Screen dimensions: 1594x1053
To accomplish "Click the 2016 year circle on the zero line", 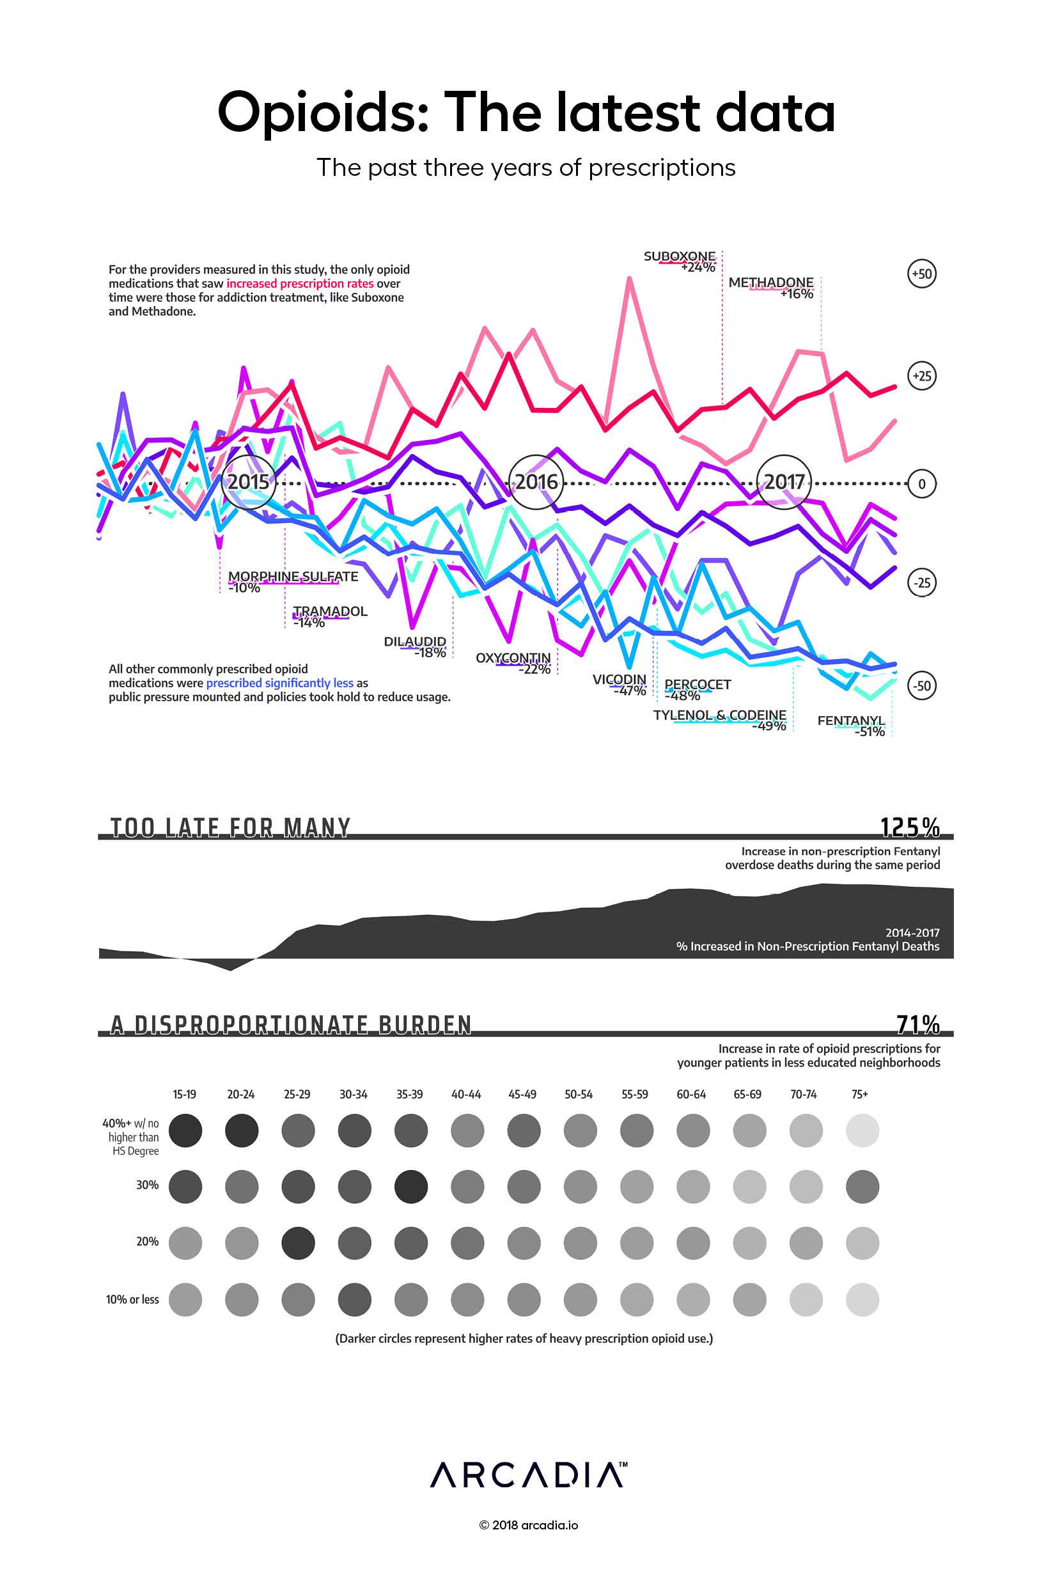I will click(x=535, y=482).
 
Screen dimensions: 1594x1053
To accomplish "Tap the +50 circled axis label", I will click(x=921, y=274).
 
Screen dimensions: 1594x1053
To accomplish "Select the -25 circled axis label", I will click(x=921, y=583).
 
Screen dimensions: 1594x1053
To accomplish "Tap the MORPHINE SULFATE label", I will click(x=293, y=577).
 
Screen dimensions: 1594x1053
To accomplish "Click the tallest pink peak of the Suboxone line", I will click(x=629, y=278).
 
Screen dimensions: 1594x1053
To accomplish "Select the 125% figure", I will click(x=910, y=828).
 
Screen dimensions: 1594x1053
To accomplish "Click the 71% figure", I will click(x=918, y=1024).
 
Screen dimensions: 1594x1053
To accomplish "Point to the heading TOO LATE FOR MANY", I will click(x=230, y=828).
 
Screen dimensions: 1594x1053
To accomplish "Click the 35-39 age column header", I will click(x=409, y=1095).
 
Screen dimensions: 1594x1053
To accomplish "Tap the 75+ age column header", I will click(x=859, y=1095).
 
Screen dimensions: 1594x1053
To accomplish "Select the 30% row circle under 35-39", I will click(x=411, y=1187).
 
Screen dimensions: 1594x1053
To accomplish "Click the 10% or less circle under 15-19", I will click(x=185, y=1299).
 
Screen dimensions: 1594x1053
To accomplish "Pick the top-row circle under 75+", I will click(x=862, y=1130).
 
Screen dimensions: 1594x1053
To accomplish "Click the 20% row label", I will click(x=147, y=1242).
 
